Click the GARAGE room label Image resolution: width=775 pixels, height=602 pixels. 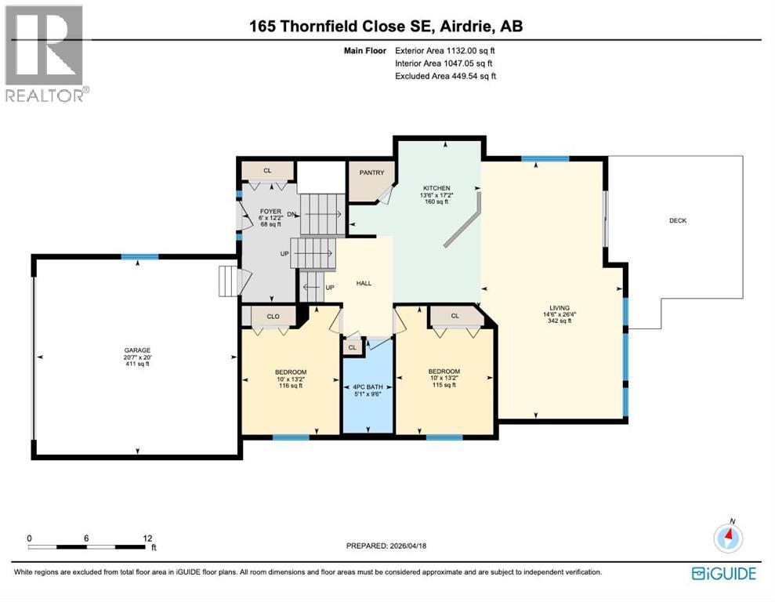[137, 350]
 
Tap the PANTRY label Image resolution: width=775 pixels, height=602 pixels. [370, 172]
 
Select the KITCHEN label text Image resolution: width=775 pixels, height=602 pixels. [436, 188]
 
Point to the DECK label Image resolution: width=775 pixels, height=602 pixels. [678, 221]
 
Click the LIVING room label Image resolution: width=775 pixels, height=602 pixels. [560, 308]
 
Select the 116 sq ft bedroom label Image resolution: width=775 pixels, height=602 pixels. [290, 372]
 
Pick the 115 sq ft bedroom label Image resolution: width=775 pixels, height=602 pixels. [444, 372]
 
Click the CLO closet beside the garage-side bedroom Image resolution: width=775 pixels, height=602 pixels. [272, 316]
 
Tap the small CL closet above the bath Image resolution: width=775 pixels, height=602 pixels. [352, 347]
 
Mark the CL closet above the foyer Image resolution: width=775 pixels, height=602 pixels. [267, 170]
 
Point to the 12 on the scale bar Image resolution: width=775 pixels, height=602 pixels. [147, 539]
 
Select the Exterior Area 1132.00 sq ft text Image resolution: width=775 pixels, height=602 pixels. [445, 50]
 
